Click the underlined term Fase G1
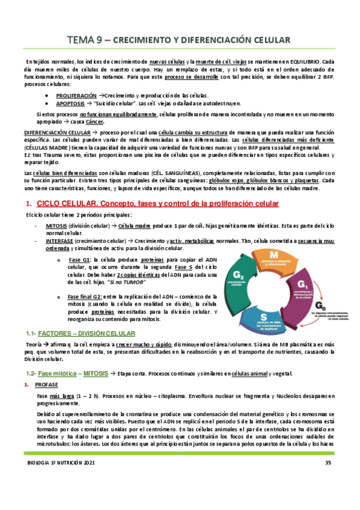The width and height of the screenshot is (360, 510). [x=80, y=259]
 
